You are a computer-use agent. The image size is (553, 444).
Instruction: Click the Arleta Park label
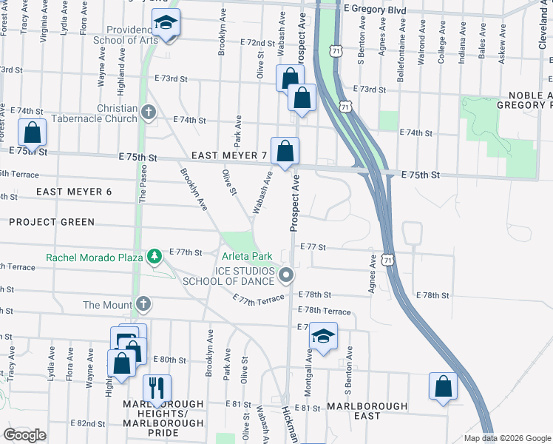248,256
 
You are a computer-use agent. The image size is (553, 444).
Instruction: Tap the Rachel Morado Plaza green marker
154,257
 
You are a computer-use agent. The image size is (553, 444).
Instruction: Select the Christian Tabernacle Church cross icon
149,112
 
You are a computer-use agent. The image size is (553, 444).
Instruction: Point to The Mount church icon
143,304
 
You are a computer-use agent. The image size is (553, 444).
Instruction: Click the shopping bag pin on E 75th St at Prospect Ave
285,151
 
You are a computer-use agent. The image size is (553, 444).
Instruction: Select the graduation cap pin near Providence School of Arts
166,21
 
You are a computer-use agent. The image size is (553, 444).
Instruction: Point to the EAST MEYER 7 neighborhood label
228,155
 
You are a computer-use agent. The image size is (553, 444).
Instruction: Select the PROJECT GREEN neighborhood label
52,222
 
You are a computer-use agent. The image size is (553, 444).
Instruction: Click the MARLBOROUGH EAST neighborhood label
367,411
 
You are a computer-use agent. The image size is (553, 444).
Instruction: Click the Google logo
25,434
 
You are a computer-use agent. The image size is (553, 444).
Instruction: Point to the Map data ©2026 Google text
506,438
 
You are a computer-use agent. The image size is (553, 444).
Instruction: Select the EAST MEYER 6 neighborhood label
74,192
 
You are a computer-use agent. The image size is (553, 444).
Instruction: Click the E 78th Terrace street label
325,311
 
